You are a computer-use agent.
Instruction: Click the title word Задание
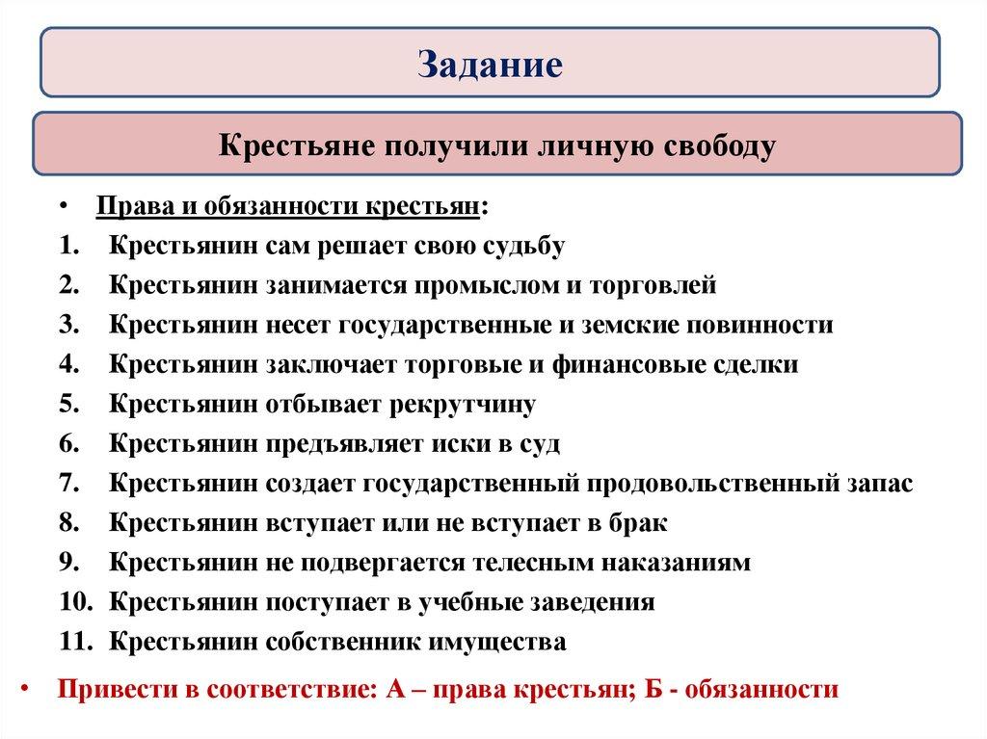click(490, 64)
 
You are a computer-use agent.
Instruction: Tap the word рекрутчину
click(462, 406)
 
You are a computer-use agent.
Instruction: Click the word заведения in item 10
click(594, 603)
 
